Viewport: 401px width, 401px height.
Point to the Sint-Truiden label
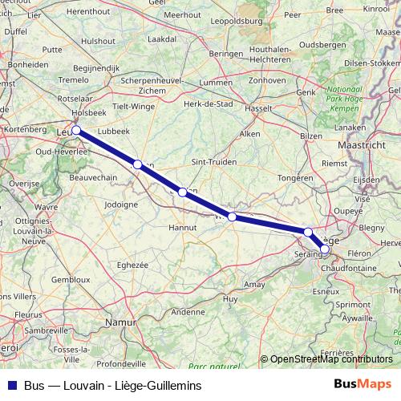tap(213, 161)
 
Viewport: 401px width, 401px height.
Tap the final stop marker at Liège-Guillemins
tap(325, 249)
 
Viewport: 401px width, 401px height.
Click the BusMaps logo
tap(364, 386)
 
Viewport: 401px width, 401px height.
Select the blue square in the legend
tap(10, 386)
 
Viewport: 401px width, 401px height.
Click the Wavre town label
tap(46, 207)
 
